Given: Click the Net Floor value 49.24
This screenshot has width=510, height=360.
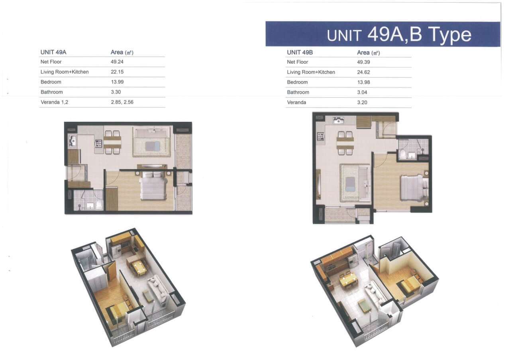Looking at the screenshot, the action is pyautogui.click(x=117, y=62).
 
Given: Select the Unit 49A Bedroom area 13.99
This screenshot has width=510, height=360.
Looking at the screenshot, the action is pyautogui.click(x=117, y=82).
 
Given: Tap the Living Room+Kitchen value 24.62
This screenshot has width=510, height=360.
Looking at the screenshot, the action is pyautogui.click(x=363, y=72).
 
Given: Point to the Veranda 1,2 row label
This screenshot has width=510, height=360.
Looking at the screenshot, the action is pyautogui.click(x=55, y=102).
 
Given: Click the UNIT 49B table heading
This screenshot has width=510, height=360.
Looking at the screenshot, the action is pyautogui.click(x=300, y=53).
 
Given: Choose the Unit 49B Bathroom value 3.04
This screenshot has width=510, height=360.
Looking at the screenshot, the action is pyautogui.click(x=362, y=92).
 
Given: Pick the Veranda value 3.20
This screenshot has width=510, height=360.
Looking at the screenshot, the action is pyautogui.click(x=362, y=102).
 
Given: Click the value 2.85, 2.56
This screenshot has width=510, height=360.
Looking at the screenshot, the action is pyautogui.click(x=122, y=102).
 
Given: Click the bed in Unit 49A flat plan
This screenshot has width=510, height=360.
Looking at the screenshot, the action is pyautogui.click(x=153, y=186).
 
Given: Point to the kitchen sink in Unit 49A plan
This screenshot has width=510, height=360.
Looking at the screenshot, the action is pyautogui.click(x=73, y=141).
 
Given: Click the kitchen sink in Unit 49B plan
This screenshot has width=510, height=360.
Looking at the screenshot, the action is pyautogui.click(x=339, y=120).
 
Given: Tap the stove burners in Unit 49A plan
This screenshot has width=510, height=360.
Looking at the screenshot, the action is pyautogui.click(x=98, y=144).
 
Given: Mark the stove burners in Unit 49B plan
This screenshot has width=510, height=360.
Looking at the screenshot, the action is pyautogui.click(x=321, y=136).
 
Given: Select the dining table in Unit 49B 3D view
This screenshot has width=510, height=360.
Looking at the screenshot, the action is pyautogui.click(x=348, y=282).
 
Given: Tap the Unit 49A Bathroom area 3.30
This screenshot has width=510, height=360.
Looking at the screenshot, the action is pyautogui.click(x=116, y=92).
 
